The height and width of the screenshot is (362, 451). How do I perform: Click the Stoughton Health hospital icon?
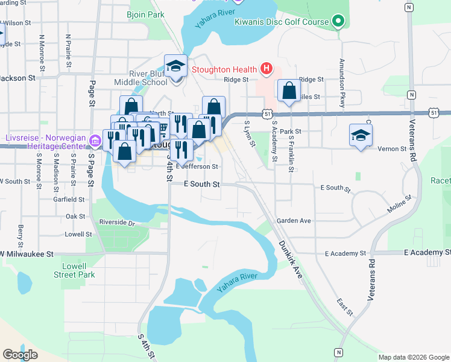[266, 69]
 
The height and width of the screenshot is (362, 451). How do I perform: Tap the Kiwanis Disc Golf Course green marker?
[338, 22]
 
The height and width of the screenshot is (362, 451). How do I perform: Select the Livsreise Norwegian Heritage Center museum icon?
[95, 141]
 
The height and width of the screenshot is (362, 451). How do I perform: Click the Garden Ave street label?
[294, 221]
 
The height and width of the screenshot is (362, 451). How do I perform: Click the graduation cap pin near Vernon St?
[361, 135]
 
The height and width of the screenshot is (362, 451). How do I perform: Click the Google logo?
[20, 355]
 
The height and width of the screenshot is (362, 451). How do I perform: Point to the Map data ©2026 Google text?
[414, 357]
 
